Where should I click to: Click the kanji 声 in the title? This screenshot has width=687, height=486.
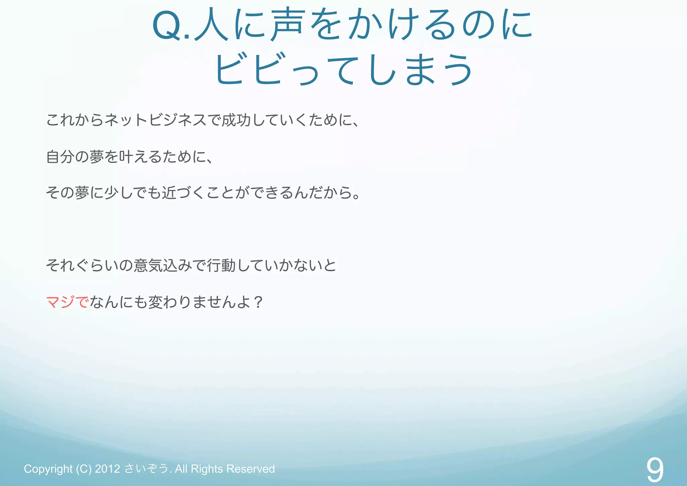pyautogui.click(x=288, y=25)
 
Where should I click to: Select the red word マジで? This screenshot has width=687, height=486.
pyautogui.click(x=67, y=302)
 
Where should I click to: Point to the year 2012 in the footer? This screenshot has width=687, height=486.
pyautogui.click(x=107, y=469)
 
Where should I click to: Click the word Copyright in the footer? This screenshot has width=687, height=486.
pyautogui.click(x=48, y=469)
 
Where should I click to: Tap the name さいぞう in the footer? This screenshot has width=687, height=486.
pyautogui.click(x=147, y=469)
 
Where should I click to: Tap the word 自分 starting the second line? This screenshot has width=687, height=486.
pyautogui.click(x=60, y=157)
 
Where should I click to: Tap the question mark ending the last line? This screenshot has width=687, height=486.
pyautogui.click(x=258, y=302)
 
